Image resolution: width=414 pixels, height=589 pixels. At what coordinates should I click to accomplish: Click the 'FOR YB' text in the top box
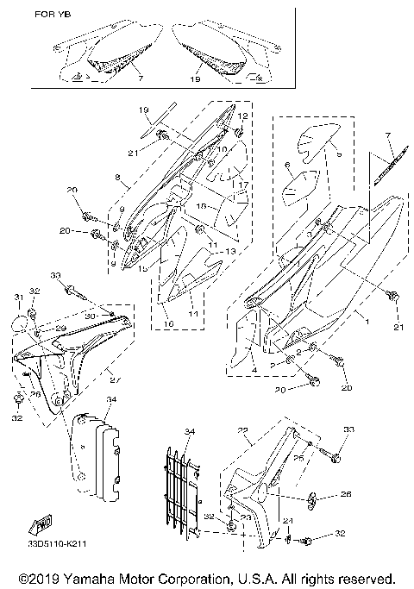click(x=52, y=15)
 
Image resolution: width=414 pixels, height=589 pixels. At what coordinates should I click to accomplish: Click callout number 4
click(x=254, y=370)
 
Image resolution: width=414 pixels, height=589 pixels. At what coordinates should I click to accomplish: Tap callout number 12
click(x=242, y=116)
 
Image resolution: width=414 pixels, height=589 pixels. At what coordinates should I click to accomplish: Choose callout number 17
click(x=244, y=185)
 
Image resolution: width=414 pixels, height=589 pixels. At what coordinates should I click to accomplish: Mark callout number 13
click(x=230, y=250)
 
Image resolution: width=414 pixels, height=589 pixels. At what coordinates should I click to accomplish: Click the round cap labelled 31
click(x=19, y=323)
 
